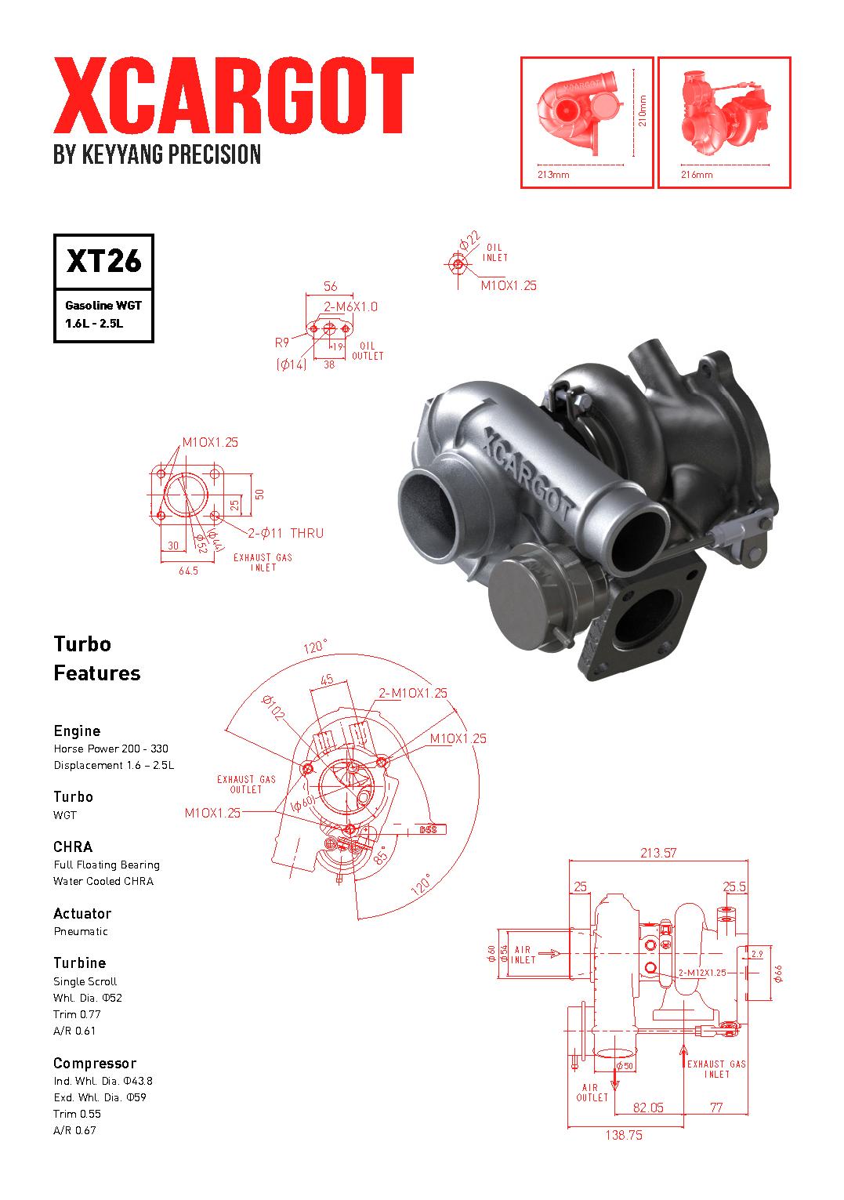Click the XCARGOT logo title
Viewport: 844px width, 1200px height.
[x=233, y=96]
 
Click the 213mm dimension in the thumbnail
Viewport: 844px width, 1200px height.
[x=553, y=175]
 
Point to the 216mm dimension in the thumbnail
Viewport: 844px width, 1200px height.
[x=697, y=175]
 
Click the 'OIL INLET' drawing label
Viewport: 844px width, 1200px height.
[x=494, y=252]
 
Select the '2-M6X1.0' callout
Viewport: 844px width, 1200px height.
[x=350, y=306]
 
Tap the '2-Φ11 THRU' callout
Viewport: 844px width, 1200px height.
[x=285, y=533]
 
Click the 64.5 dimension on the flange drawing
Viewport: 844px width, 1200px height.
[x=188, y=571]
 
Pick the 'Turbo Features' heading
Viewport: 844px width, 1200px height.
[x=97, y=658]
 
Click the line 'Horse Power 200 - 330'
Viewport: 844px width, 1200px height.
[x=110, y=749]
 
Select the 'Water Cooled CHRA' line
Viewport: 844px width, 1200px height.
[x=103, y=881]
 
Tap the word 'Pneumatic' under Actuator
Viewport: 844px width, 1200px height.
[x=81, y=931]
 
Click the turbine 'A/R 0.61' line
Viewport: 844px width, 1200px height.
[x=74, y=1031]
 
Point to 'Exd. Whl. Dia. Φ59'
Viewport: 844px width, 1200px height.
[x=100, y=1097]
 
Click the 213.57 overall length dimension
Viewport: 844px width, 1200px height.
[x=657, y=853]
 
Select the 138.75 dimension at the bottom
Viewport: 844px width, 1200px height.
[x=624, y=1135]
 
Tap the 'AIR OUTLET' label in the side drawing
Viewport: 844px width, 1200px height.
[x=592, y=1093]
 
